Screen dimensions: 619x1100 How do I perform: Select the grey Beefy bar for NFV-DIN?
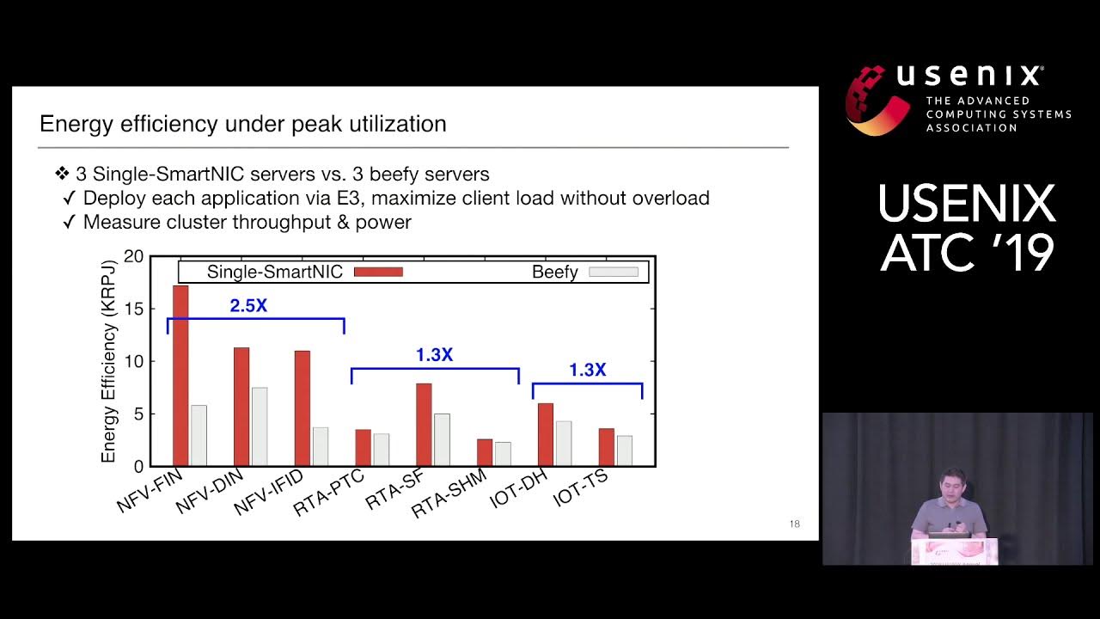(259, 426)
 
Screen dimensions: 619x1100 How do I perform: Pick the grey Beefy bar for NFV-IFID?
(320, 446)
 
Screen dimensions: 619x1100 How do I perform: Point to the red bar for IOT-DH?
(545, 434)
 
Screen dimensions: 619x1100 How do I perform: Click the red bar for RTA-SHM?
(485, 452)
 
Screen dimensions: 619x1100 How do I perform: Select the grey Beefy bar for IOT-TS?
(624, 450)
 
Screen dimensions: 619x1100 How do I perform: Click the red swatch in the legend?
(377, 272)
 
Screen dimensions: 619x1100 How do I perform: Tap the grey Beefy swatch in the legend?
(614, 272)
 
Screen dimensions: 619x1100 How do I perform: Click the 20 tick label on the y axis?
(135, 256)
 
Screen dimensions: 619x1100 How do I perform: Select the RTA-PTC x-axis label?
(329, 493)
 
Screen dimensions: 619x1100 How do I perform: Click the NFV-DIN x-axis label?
(210, 492)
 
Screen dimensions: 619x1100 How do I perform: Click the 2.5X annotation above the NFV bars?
(248, 304)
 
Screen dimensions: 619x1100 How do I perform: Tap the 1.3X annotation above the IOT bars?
(587, 370)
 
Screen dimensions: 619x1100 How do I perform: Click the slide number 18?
(794, 524)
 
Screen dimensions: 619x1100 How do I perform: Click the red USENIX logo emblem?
(877, 99)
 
